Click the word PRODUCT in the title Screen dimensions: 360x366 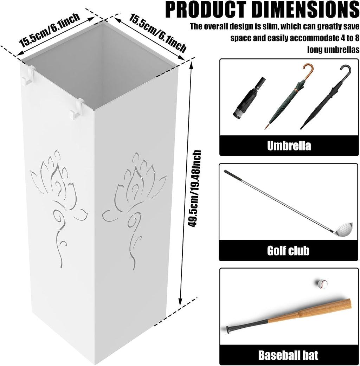(x=206, y=9)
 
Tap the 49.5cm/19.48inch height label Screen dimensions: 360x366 (x=195, y=188)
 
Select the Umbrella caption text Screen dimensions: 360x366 (x=289, y=146)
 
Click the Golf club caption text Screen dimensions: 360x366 (x=288, y=251)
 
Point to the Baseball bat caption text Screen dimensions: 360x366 (x=288, y=355)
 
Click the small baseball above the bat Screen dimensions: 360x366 (x=322, y=284)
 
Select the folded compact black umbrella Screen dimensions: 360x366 (x=249, y=98)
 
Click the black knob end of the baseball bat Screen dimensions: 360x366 (x=228, y=329)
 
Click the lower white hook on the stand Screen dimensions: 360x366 (x=77, y=109)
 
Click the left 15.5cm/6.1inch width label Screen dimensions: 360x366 (x=50, y=30)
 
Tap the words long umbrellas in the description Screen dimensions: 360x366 (x=333, y=50)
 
